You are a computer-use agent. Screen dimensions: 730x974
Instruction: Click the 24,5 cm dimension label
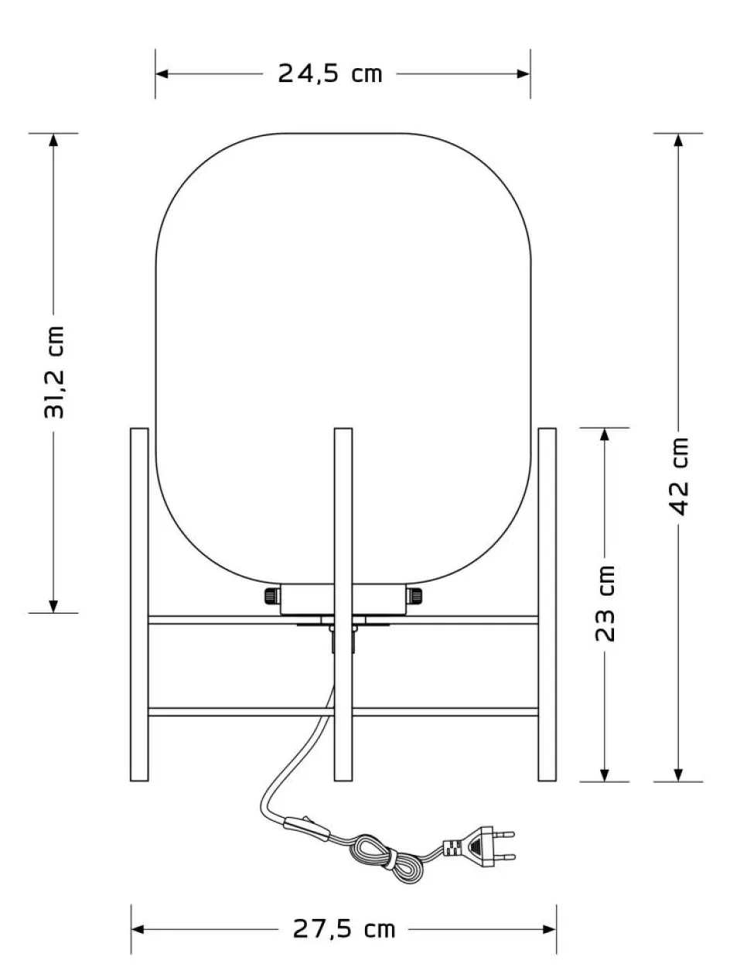coord(330,73)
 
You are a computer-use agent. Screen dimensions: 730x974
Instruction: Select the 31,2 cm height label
coord(54,372)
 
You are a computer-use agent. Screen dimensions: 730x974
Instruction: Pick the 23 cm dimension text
coord(605,603)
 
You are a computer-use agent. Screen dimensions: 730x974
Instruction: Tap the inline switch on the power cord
coord(306,828)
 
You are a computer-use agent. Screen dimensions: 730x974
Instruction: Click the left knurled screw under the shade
coord(272,596)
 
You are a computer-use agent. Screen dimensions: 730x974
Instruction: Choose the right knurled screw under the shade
coord(414,596)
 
